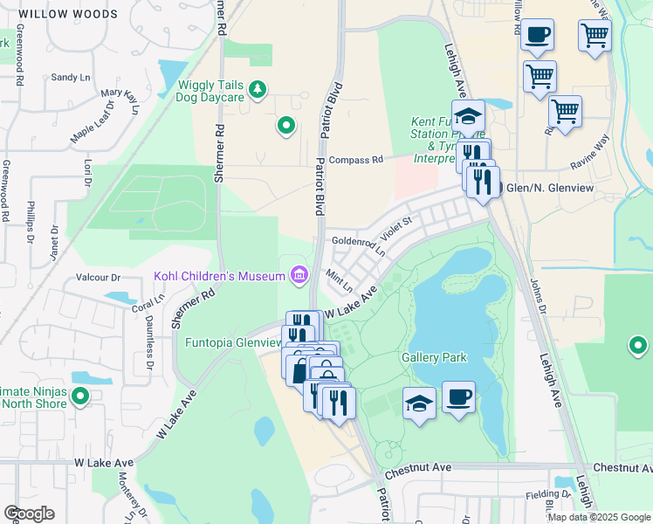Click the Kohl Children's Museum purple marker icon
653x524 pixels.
click(x=299, y=276)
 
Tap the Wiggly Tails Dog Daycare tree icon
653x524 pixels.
click(x=257, y=88)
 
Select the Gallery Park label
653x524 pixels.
click(x=434, y=357)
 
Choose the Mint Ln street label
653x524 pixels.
click(x=339, y=281)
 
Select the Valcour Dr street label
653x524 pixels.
click(x=97, y=277)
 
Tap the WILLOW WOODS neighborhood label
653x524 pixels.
click(x=67, y=15)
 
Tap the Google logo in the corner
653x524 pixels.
click(x=29, y=513)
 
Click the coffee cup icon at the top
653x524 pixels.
click(x=537, y=35)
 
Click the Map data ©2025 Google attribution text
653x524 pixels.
click(x=599, y=516)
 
